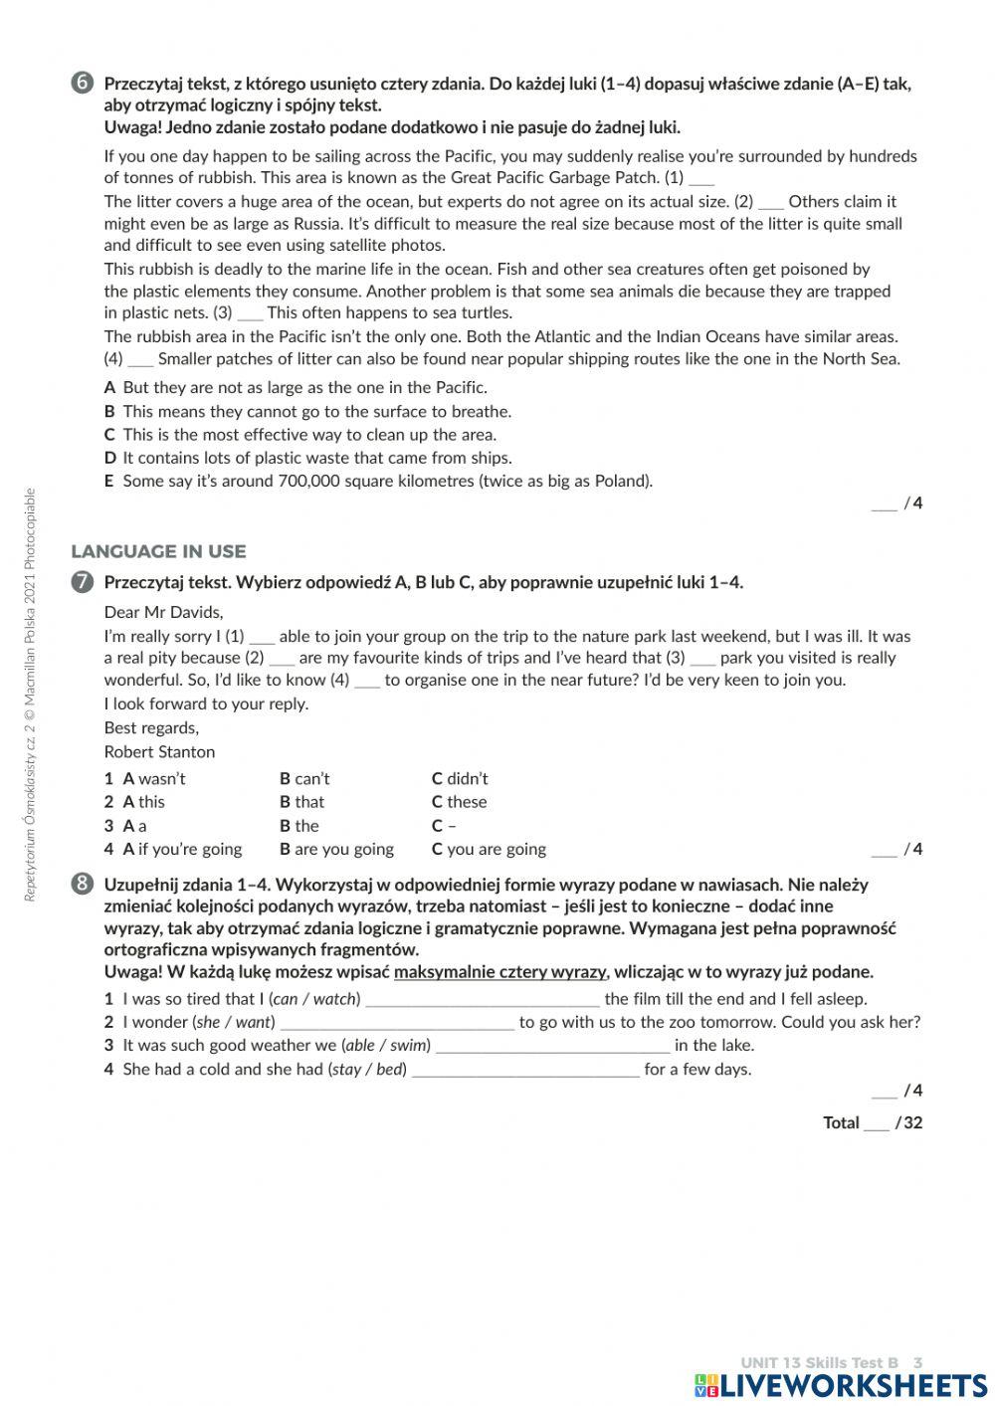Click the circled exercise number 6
pos(83,83)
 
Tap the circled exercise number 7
pos(83,582)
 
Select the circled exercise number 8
pos(83,884)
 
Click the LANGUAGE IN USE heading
pos(158,551)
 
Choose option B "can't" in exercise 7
pos(304,778)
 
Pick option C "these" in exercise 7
pos(459,802)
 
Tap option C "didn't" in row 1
pos(460,778)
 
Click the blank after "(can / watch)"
pos(483,1000)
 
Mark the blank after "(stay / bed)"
pos(525,1071)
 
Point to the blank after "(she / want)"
pos(398,1023)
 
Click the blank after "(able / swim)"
pos(553,1047)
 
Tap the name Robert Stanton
pos(159,751)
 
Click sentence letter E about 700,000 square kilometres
pos(109,481)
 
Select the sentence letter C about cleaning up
pos(109,434)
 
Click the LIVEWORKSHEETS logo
pos(841,1385)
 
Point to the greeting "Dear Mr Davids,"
pos(163,612)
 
